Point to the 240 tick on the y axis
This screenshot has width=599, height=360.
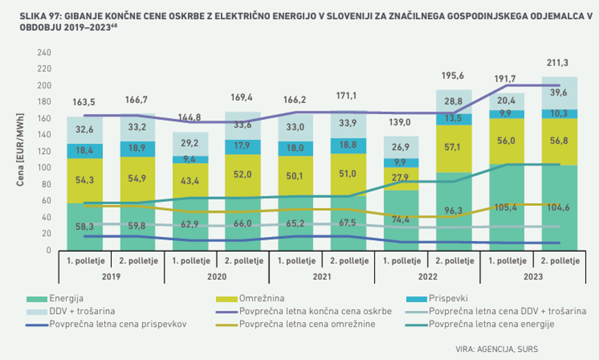tap(44, 52)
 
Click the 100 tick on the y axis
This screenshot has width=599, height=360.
tap(44, 168)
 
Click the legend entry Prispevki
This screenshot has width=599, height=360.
tap(449, 298)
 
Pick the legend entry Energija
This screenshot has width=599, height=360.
tap(66, 298)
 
